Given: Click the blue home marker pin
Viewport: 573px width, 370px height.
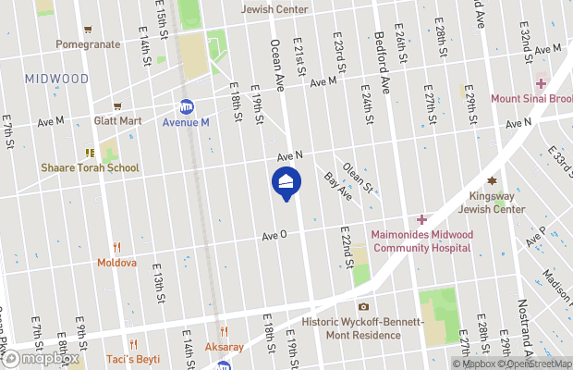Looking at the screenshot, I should pos(286,181).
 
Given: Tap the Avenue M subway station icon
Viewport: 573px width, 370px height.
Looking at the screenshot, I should pos(187,107).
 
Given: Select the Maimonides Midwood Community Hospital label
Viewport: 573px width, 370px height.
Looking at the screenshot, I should pos(422,240).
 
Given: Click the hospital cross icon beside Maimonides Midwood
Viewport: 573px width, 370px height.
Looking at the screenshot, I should pos(421,219).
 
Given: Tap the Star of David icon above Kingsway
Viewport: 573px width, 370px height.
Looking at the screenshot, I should pos(492,180).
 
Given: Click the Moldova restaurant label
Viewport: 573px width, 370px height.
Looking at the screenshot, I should pos(116,263).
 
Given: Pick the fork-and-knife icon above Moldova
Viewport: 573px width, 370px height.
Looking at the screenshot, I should pos(116,247).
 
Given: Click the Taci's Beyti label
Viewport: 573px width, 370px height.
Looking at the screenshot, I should pos(132,358).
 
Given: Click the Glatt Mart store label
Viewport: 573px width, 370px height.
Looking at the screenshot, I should pos(117,120).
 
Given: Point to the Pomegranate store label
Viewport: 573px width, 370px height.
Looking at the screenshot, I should pos(88,43).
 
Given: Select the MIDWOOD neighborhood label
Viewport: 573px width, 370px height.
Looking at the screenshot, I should pos(57,80).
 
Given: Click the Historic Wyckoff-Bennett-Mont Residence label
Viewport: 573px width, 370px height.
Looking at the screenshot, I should pos(364,328).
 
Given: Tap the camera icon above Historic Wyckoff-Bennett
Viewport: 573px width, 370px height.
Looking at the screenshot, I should pos(363,306).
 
